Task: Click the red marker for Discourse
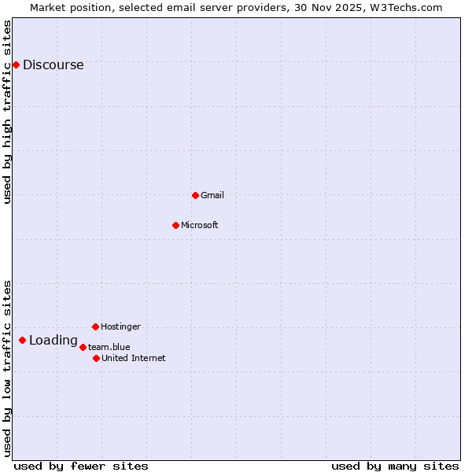tap(16, 65)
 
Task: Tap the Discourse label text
tap(53, 65)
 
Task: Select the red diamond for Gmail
tap(195, 195)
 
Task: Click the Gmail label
tap(212, 195)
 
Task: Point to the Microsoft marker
tap(175, 225)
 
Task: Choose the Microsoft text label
tap(199, 226)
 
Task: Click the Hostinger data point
tap(95, 326)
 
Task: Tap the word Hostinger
tap(120, 326)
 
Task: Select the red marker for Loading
tap(22, 340)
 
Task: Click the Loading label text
tap(53, 341)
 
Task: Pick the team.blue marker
tap(83, 347)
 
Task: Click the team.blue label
tap(109, 347)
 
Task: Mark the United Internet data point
tap(96, 358)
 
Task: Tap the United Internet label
tap(133, 359)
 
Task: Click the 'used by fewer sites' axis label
tap(80, 466)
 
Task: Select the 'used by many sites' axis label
tap(395, 466)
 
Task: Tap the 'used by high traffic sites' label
tap(8, 112)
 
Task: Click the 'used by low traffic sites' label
tap(8, 368)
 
